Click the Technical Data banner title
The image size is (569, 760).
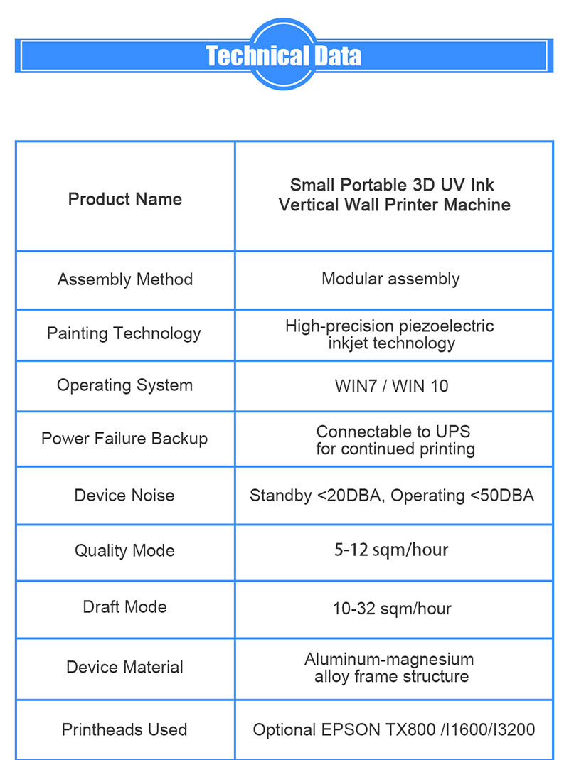click(284, 55)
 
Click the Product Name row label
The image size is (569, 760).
click(125, 199)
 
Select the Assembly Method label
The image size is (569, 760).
click(125, 279)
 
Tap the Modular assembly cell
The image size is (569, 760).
click(390, 279)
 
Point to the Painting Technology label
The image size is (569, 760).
click(124, 333)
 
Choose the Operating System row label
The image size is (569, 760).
click(124, 385)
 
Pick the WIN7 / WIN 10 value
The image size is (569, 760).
click(391, 386)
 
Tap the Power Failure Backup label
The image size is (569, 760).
click(124, 438)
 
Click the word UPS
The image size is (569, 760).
click(453, 432)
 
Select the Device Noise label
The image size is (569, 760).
click(124, 496)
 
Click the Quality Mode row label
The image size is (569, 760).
click(124, 550)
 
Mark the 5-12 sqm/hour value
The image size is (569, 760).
click(391, 550)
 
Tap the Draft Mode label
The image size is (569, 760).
click(124, 607)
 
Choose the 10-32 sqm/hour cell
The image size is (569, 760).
click(392, 609)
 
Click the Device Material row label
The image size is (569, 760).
click(124, 667)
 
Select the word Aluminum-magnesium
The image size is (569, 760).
click(389, 659)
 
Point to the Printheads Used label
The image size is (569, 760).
click(124, 729)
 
